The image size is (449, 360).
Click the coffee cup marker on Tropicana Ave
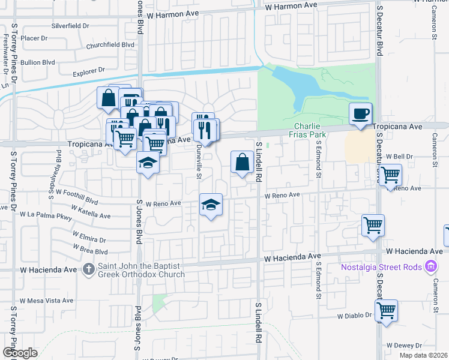(x=361, y=114)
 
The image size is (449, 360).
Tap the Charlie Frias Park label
(x=309, y=130)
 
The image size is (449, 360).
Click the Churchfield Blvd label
(x=110, y=44)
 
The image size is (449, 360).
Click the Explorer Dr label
(x=88, y=71)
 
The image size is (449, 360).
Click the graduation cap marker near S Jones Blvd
(x=148, y=162)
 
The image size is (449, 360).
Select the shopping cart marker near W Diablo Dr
(x=386, y=311)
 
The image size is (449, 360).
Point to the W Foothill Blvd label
(x=76, y=197)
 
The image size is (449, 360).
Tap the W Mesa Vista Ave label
(x=46, y=301)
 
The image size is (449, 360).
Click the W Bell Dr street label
(x=400, y=156)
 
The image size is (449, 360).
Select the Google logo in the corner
(x=20, y=353)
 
